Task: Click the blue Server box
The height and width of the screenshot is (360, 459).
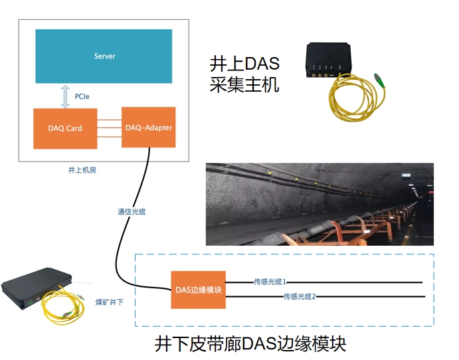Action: point(104,56)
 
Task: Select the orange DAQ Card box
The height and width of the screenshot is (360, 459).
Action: point(65,128)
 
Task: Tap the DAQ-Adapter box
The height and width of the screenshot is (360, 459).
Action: point(149,127)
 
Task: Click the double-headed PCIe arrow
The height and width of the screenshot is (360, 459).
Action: point(65,96)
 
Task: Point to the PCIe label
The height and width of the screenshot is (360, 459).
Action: point(82,97)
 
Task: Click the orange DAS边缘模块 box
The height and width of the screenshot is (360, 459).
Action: point(198,290)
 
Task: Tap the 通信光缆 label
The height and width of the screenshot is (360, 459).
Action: point(131,212)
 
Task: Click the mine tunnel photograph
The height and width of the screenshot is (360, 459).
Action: point(319,204)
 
